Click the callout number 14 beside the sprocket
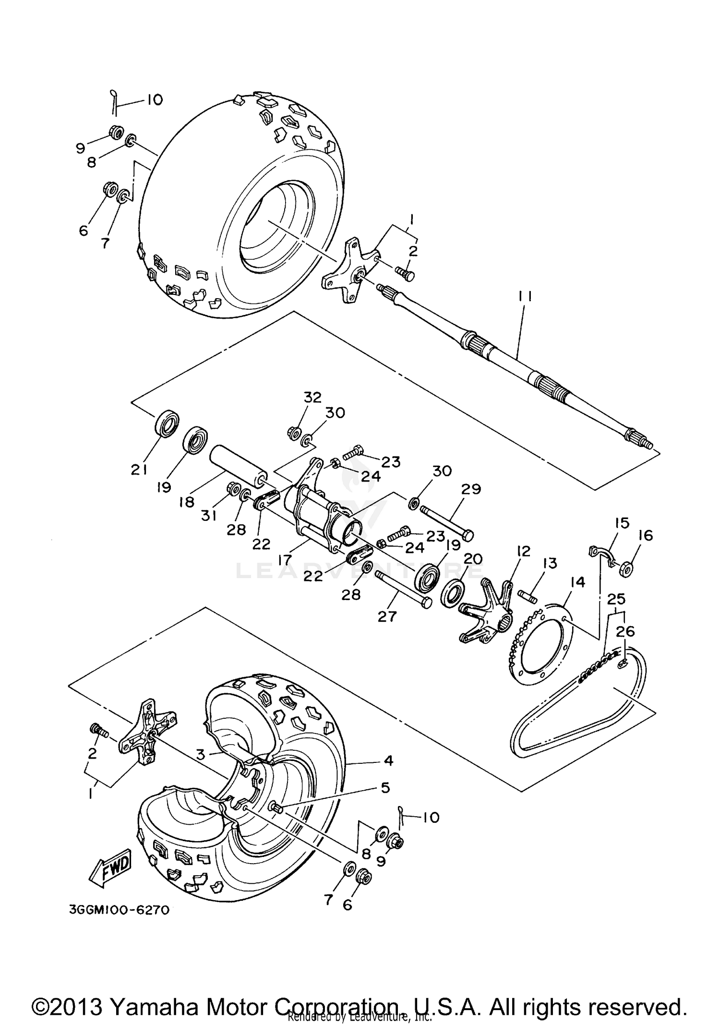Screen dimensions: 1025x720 [x=577, y=582]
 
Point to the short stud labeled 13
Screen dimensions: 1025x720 [x=528, y=597]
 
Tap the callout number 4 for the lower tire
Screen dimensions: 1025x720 [x=388, y=760]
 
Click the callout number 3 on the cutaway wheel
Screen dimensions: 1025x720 [x=201, y=754]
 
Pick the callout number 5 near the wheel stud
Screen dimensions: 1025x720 [x=385, y=788]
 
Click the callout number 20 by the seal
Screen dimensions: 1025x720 [x=473, y=559]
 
